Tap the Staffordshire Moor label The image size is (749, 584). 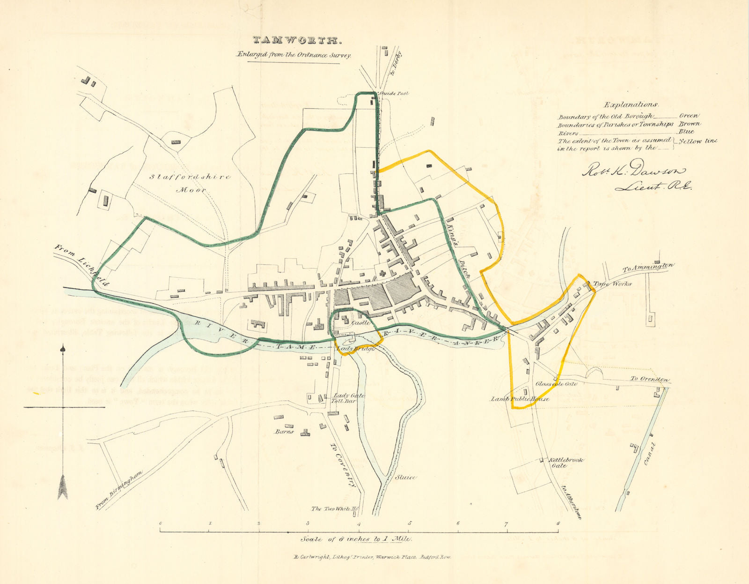(190, 183)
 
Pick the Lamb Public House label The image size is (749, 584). (520, 399)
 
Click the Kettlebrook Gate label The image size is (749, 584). (565, 463)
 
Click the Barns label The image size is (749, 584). (284, 431)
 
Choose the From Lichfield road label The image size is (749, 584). (82, 265)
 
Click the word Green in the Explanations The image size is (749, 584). (689, 115)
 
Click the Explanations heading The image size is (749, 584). (631, 105)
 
